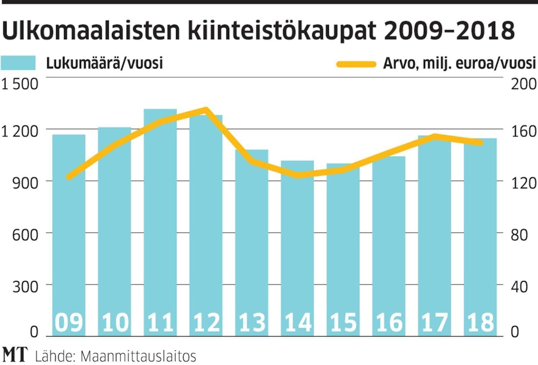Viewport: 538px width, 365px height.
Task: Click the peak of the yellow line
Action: pos(206,110)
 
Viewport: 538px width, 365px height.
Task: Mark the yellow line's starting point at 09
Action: pos(69,177)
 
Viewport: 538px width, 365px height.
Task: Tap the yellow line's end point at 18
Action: pos(480,142)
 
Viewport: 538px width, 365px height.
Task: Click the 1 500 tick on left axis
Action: pos(20,84)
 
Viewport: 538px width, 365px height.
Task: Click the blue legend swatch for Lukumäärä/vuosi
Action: pos(18,63)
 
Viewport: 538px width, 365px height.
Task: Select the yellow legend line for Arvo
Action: pos(356,64)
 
